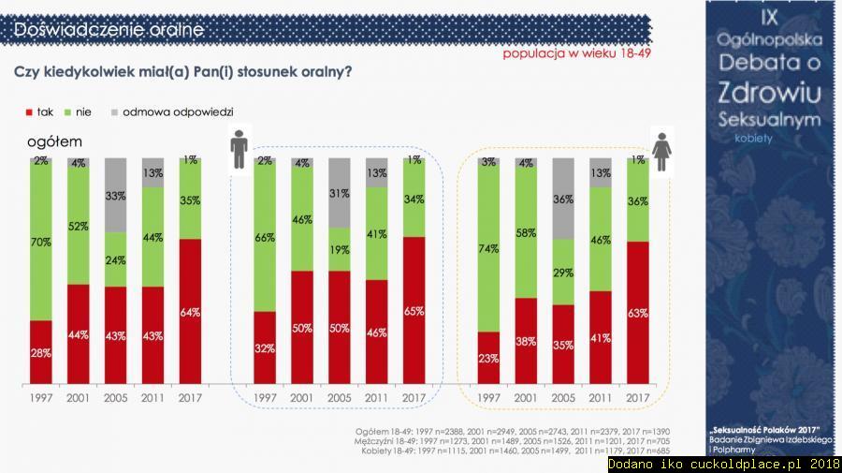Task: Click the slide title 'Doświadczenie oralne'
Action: [x=109, y=30]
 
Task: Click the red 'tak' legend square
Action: [x=29, y=112]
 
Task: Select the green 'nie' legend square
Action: [x=66, y=112]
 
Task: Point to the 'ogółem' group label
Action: [x=54, y=141]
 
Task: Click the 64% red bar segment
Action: [x=190, y=311]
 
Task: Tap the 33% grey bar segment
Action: [x=115, y=195]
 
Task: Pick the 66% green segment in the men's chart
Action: [x=265, y=239]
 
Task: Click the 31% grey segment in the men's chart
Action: [x=340, y=192]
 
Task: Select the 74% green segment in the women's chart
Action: [x=488, y=248]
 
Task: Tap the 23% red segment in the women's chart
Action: [x=488, y=357]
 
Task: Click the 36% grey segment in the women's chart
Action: [x=563, y=198]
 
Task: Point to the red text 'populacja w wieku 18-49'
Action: [x=576, y=53]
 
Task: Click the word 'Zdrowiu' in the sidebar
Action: [x=769, y=92]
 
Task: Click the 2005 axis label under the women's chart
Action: [x=563, y=398]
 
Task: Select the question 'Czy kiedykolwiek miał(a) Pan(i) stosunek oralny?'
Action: [x=183, y=72]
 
